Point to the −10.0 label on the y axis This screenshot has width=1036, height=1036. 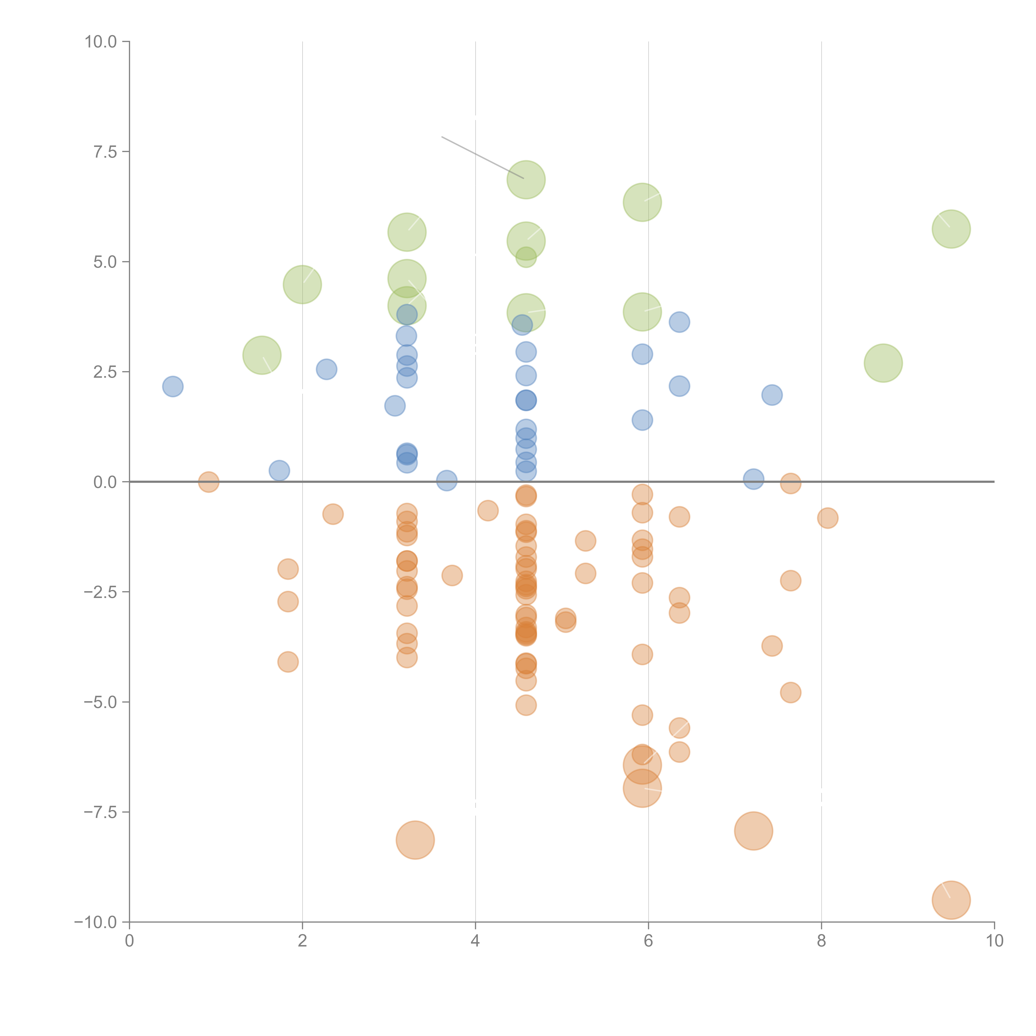[96, 922]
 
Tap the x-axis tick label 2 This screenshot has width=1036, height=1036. [303, 941]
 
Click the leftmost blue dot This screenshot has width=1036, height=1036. [173, 386]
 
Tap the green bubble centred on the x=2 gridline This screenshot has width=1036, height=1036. [303, 284]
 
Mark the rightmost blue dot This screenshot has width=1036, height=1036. [772, 395]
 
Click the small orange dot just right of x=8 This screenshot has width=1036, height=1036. [827, 518]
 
